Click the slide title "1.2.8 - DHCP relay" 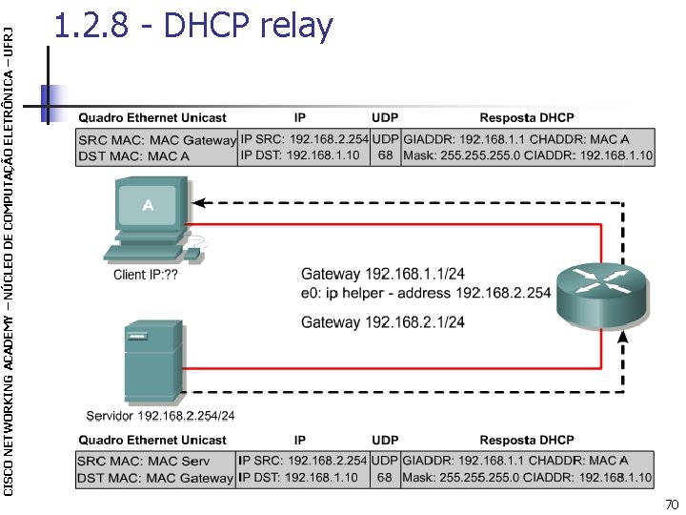click(x=193, y=27)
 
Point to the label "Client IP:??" click(x=146, y=275)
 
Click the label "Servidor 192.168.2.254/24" click(x=160, y=415)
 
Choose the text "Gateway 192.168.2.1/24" click(x=382, y=322)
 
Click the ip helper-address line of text click(x=426, y=293)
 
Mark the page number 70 click(x=671, y=503)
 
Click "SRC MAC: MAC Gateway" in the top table click(x=156, y=139)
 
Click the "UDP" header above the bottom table click(x=384, y=440)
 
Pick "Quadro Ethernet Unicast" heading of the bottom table click(x=151, y=440)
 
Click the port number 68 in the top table click(x=384, y=155)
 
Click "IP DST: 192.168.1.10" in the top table click(x=300, y=155)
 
